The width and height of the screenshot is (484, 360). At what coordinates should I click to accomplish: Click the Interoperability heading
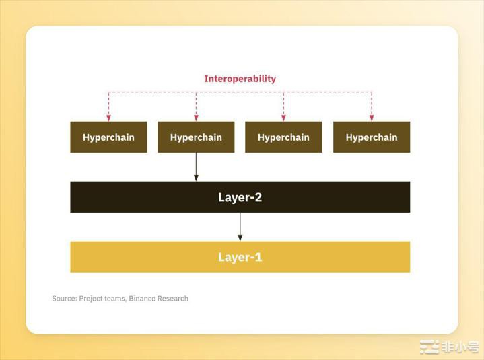click(240, 79)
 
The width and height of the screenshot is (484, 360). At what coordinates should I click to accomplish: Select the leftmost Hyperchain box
click(108, 137)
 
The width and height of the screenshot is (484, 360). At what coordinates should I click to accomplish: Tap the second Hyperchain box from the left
click(196, 137)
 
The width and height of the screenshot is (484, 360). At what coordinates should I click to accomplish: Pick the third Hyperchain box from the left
click(283, 137)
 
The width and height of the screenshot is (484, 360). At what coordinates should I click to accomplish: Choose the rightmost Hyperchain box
click(372, 137)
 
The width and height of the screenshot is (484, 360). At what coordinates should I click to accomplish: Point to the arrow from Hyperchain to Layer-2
click(196, 168)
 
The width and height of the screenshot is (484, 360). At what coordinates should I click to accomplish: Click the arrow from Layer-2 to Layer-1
click(240, 227)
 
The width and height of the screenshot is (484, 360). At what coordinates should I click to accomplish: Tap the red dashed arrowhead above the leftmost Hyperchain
click(108, 118)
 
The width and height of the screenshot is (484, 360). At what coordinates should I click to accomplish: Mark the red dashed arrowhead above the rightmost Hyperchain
click(372, 118)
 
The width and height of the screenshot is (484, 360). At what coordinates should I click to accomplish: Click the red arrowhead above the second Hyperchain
click(196, 118)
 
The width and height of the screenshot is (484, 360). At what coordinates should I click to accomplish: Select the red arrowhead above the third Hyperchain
click(283, 118)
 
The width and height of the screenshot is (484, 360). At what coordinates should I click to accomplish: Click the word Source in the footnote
click(64, 298)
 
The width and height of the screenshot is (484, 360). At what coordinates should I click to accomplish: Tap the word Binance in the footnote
click(143, 298)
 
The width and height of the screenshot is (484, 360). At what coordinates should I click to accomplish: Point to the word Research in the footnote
click(174, 298)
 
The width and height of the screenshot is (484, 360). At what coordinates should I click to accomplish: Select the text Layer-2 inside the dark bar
click(240, 197)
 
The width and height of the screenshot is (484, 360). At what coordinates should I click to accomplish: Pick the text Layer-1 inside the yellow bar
click(240, 257)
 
